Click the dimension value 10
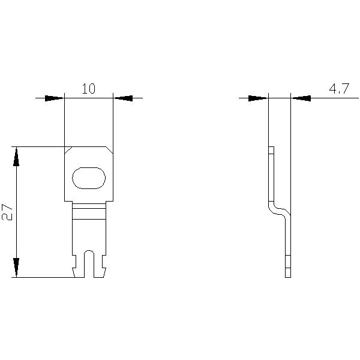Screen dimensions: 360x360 (x=88, y=89)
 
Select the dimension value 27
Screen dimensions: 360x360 (x=8, y=212)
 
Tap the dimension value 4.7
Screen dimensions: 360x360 (x=338, y=89)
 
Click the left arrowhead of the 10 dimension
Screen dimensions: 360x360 (x=55, y=98)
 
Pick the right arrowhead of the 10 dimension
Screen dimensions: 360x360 (x=123, y=98)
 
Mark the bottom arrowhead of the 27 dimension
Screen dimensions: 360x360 (x=16, y=268)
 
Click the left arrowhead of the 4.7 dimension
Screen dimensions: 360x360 (x=258, y=98)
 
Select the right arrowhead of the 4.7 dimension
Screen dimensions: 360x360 (x=301, y=98)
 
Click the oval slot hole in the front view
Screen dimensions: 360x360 (x=89, y=178)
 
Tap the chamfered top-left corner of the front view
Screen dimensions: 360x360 (x=68, y=150)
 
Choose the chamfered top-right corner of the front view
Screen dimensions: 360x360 (x=109, y=150)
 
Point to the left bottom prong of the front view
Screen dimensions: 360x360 (x=79, y=272)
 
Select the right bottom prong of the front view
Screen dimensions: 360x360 (x=100, y=272)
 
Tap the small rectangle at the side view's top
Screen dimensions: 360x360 (x=271, y=150)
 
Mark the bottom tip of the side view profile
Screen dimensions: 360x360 (x=287, y=273)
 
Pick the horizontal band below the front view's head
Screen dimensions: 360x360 (x=89, y=210)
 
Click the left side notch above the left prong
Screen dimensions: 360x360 (x=74, y=261)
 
